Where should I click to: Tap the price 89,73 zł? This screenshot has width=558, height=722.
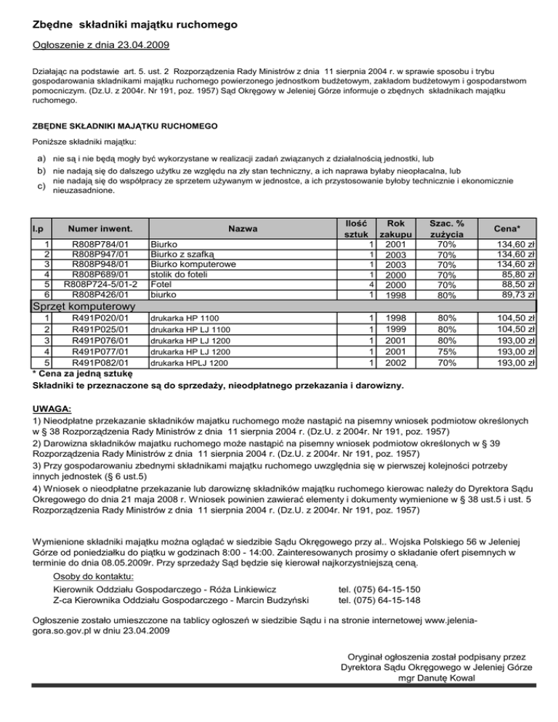click(x=517, y=295)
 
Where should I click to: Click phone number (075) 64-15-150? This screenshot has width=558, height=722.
click(x=379, y=588)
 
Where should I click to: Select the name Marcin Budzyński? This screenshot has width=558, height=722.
click(x=274, y=599)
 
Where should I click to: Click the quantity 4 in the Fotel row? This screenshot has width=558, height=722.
click(x=372, y=285)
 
